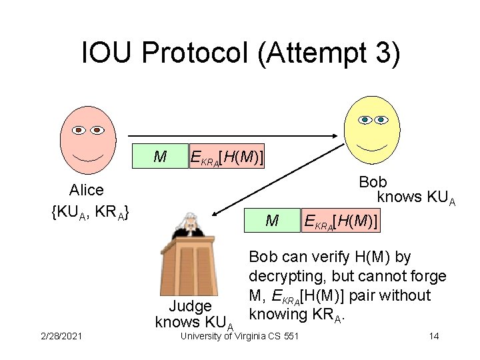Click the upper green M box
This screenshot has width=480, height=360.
click(x=160, y=157)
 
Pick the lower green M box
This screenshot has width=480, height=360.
click(x=272, y=219)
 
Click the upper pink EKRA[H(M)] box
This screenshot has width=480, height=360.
click(x=226, y=157)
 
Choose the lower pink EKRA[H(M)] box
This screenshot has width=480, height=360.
click(x=341, y=219)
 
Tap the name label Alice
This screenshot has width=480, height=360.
click(x=87, y=191)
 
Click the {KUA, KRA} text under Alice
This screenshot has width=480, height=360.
click(x=90, y=213)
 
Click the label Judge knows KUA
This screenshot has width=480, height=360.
click(x=192, y=315)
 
